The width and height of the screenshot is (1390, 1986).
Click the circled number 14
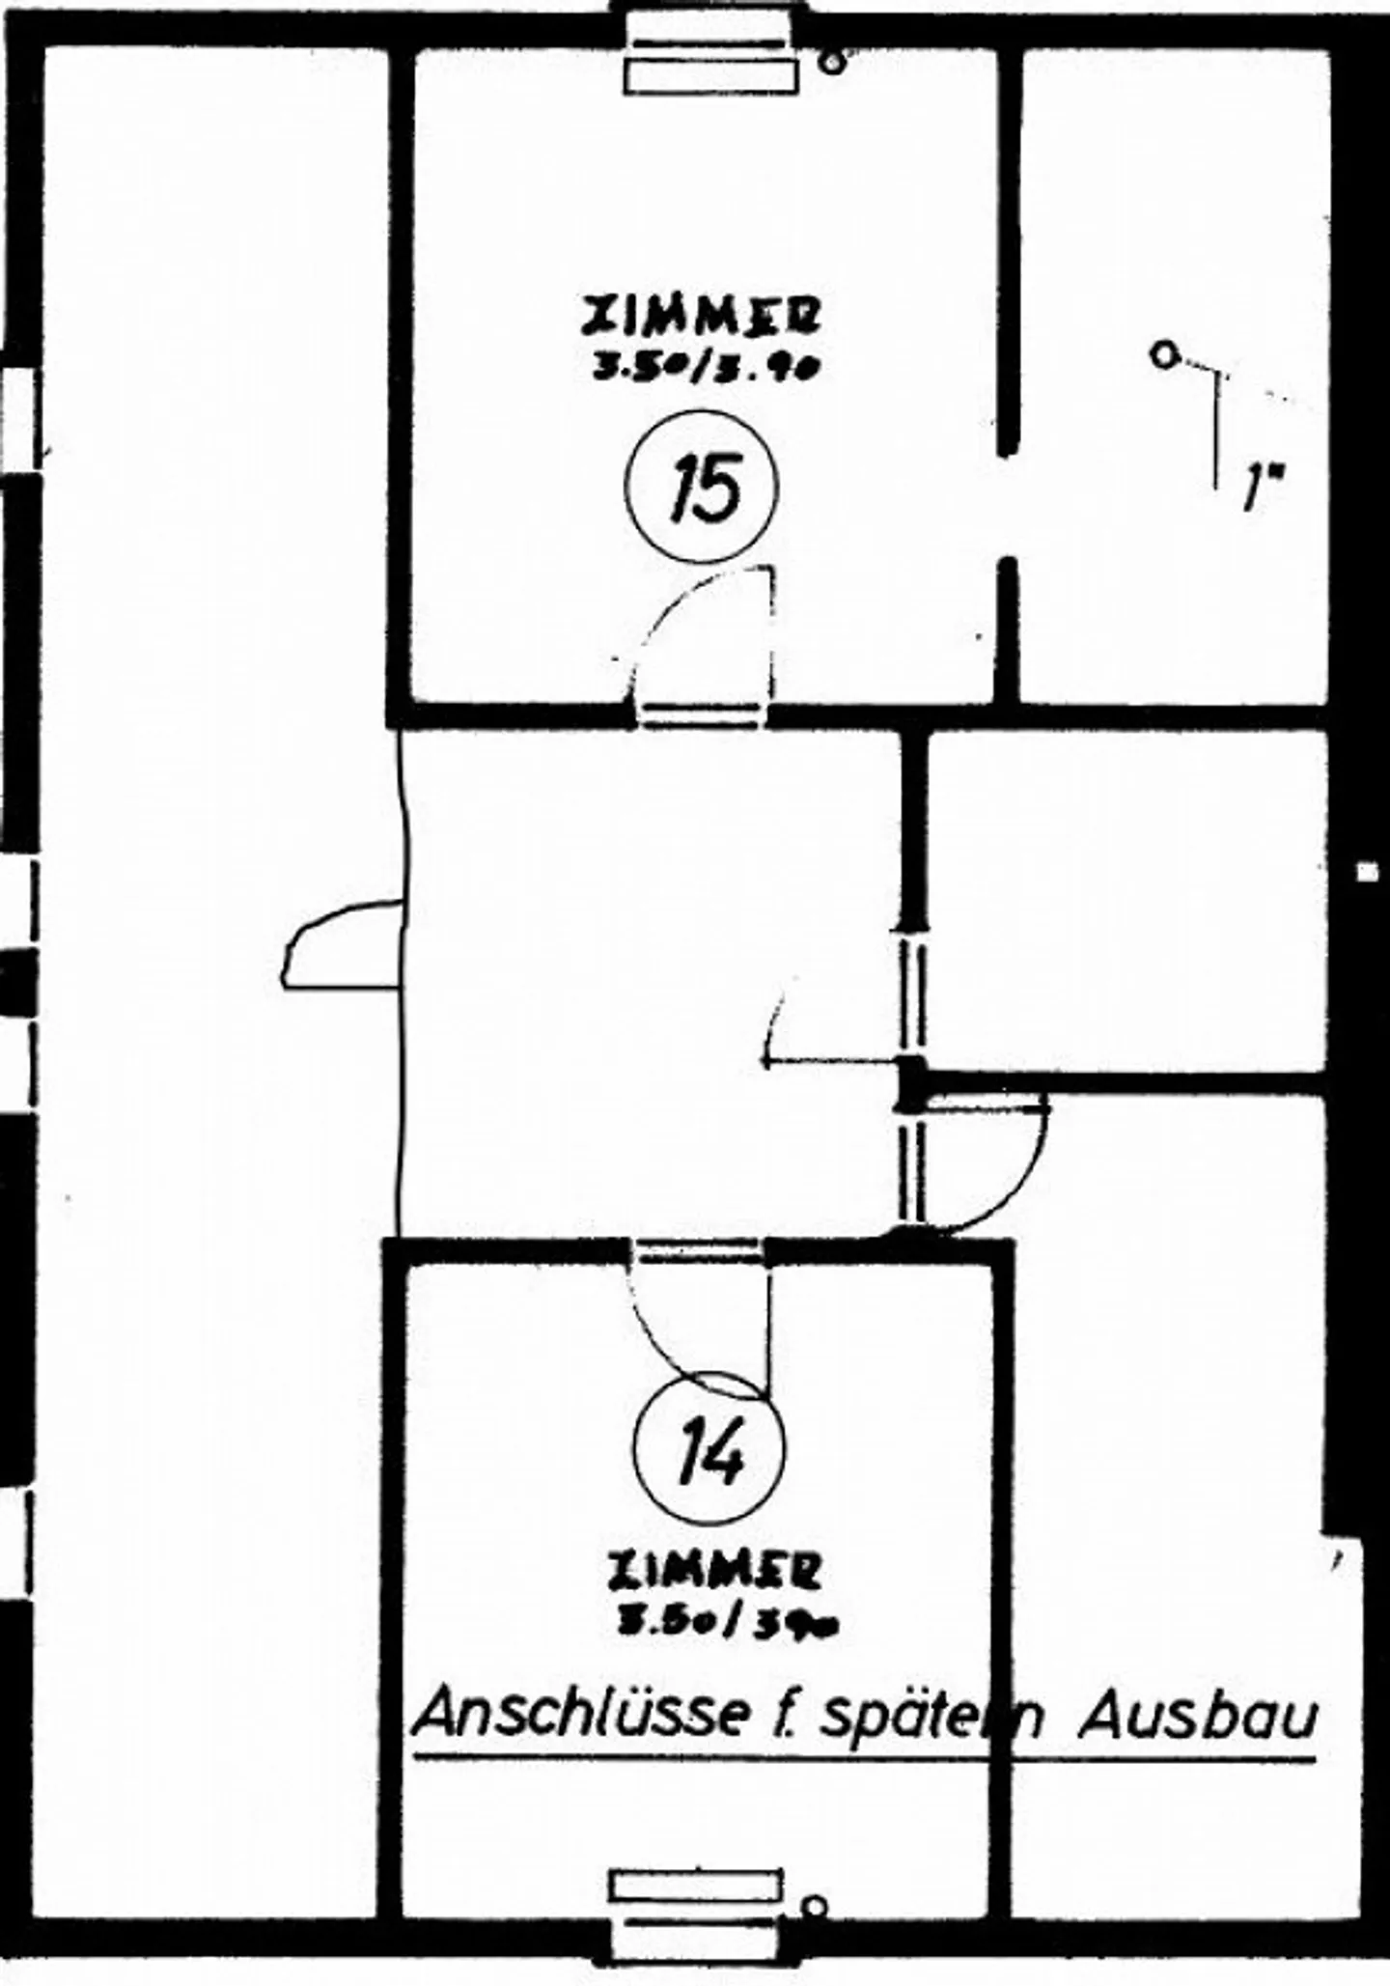click(709, 1447)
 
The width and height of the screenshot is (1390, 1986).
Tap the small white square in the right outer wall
click(1366, 871)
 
